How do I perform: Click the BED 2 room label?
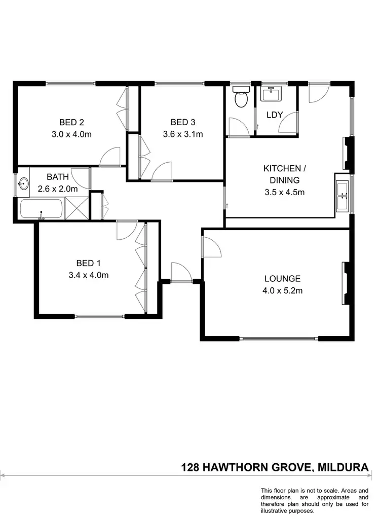click(x=71, y=122)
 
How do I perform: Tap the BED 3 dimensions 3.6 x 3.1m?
click(x=182, y=134)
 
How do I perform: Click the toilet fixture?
click(x=240, y=97)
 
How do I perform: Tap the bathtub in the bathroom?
click(x=42, y=209)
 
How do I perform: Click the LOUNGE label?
click(x=282, y=278)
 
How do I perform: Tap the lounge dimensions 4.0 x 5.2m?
click(x=282, y=291)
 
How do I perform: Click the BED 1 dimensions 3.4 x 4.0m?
click(x=92, y=275)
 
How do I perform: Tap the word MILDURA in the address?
click(x=345, y=467)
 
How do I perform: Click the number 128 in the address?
click(x=191, y=467)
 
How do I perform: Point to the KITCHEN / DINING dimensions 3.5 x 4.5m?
click(x=281, y=192)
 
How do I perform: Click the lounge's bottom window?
click(x=279, y=339)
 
